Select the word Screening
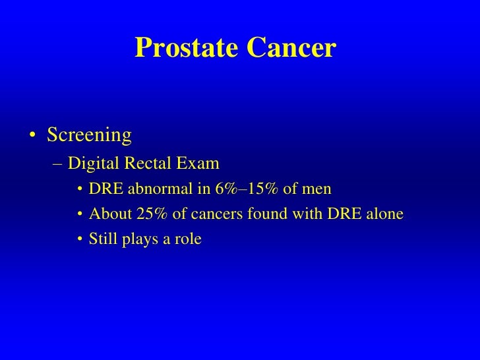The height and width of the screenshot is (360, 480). click(89, 135)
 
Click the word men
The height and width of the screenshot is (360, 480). click(318, 191)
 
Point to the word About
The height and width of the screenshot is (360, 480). click(107, 214)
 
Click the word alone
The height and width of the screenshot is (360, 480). click(385, 214)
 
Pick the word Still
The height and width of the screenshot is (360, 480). click(103, 239)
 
